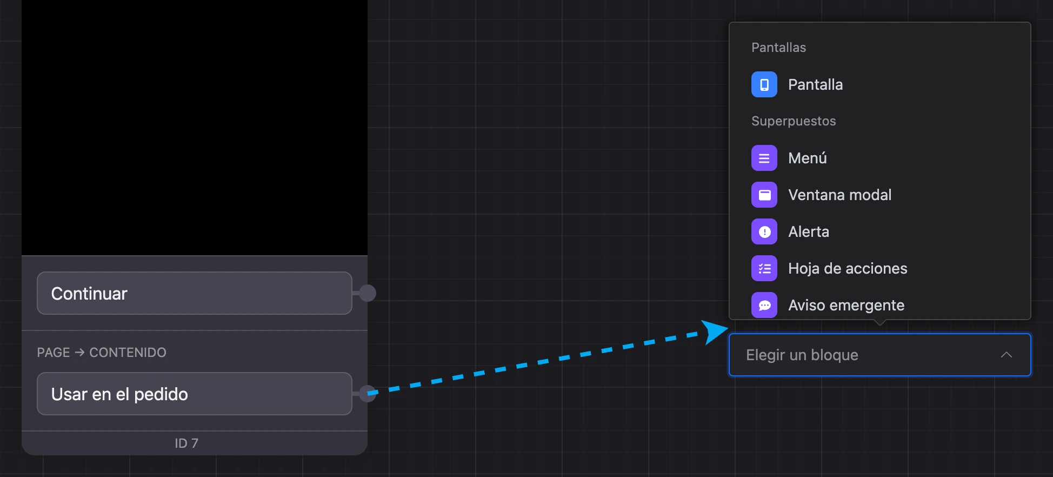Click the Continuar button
195,293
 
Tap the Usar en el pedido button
195,394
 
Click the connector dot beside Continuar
368,293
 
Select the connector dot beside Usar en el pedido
368,394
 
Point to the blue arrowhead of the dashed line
714,332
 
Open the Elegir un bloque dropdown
880,355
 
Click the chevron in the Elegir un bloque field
1006,355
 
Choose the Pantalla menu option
815,84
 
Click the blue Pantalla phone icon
764,84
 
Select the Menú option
808,158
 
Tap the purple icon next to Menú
764,158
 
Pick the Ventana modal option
840,195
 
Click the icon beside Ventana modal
764,195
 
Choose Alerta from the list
809,231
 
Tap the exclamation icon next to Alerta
764,231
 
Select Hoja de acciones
848,268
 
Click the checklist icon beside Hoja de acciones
764,268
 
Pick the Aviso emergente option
847,305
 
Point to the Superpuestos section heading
794,121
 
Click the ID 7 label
186,443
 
